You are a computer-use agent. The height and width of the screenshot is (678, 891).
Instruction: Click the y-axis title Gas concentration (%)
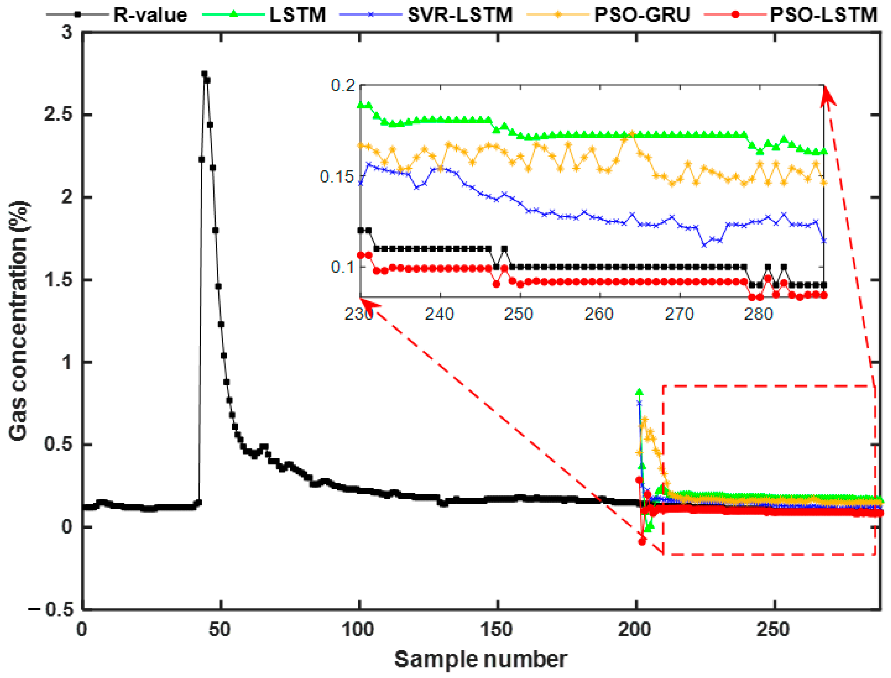(18, 321)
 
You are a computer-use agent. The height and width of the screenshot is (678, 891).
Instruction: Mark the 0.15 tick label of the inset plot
(336, 177)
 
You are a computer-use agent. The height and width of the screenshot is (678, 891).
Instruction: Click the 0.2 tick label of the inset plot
(343, 85)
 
